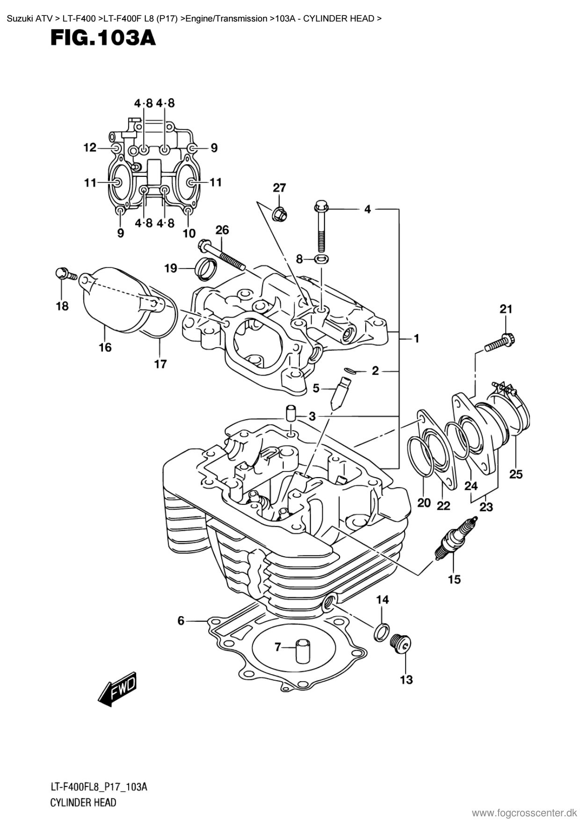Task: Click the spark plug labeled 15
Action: coord(456,538)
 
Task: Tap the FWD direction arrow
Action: coord(117,690)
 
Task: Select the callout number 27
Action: coord(279,188)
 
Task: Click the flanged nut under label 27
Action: coord(280,214)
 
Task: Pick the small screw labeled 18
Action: coord(65,273)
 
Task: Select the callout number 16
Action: coord(105,347)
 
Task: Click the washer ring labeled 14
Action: coord(381,632)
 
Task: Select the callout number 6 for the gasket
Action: coord(181,621)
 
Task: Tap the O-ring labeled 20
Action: coord(420,456)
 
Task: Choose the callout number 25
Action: coord(516,474)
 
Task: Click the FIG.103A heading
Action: coord(103,38)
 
